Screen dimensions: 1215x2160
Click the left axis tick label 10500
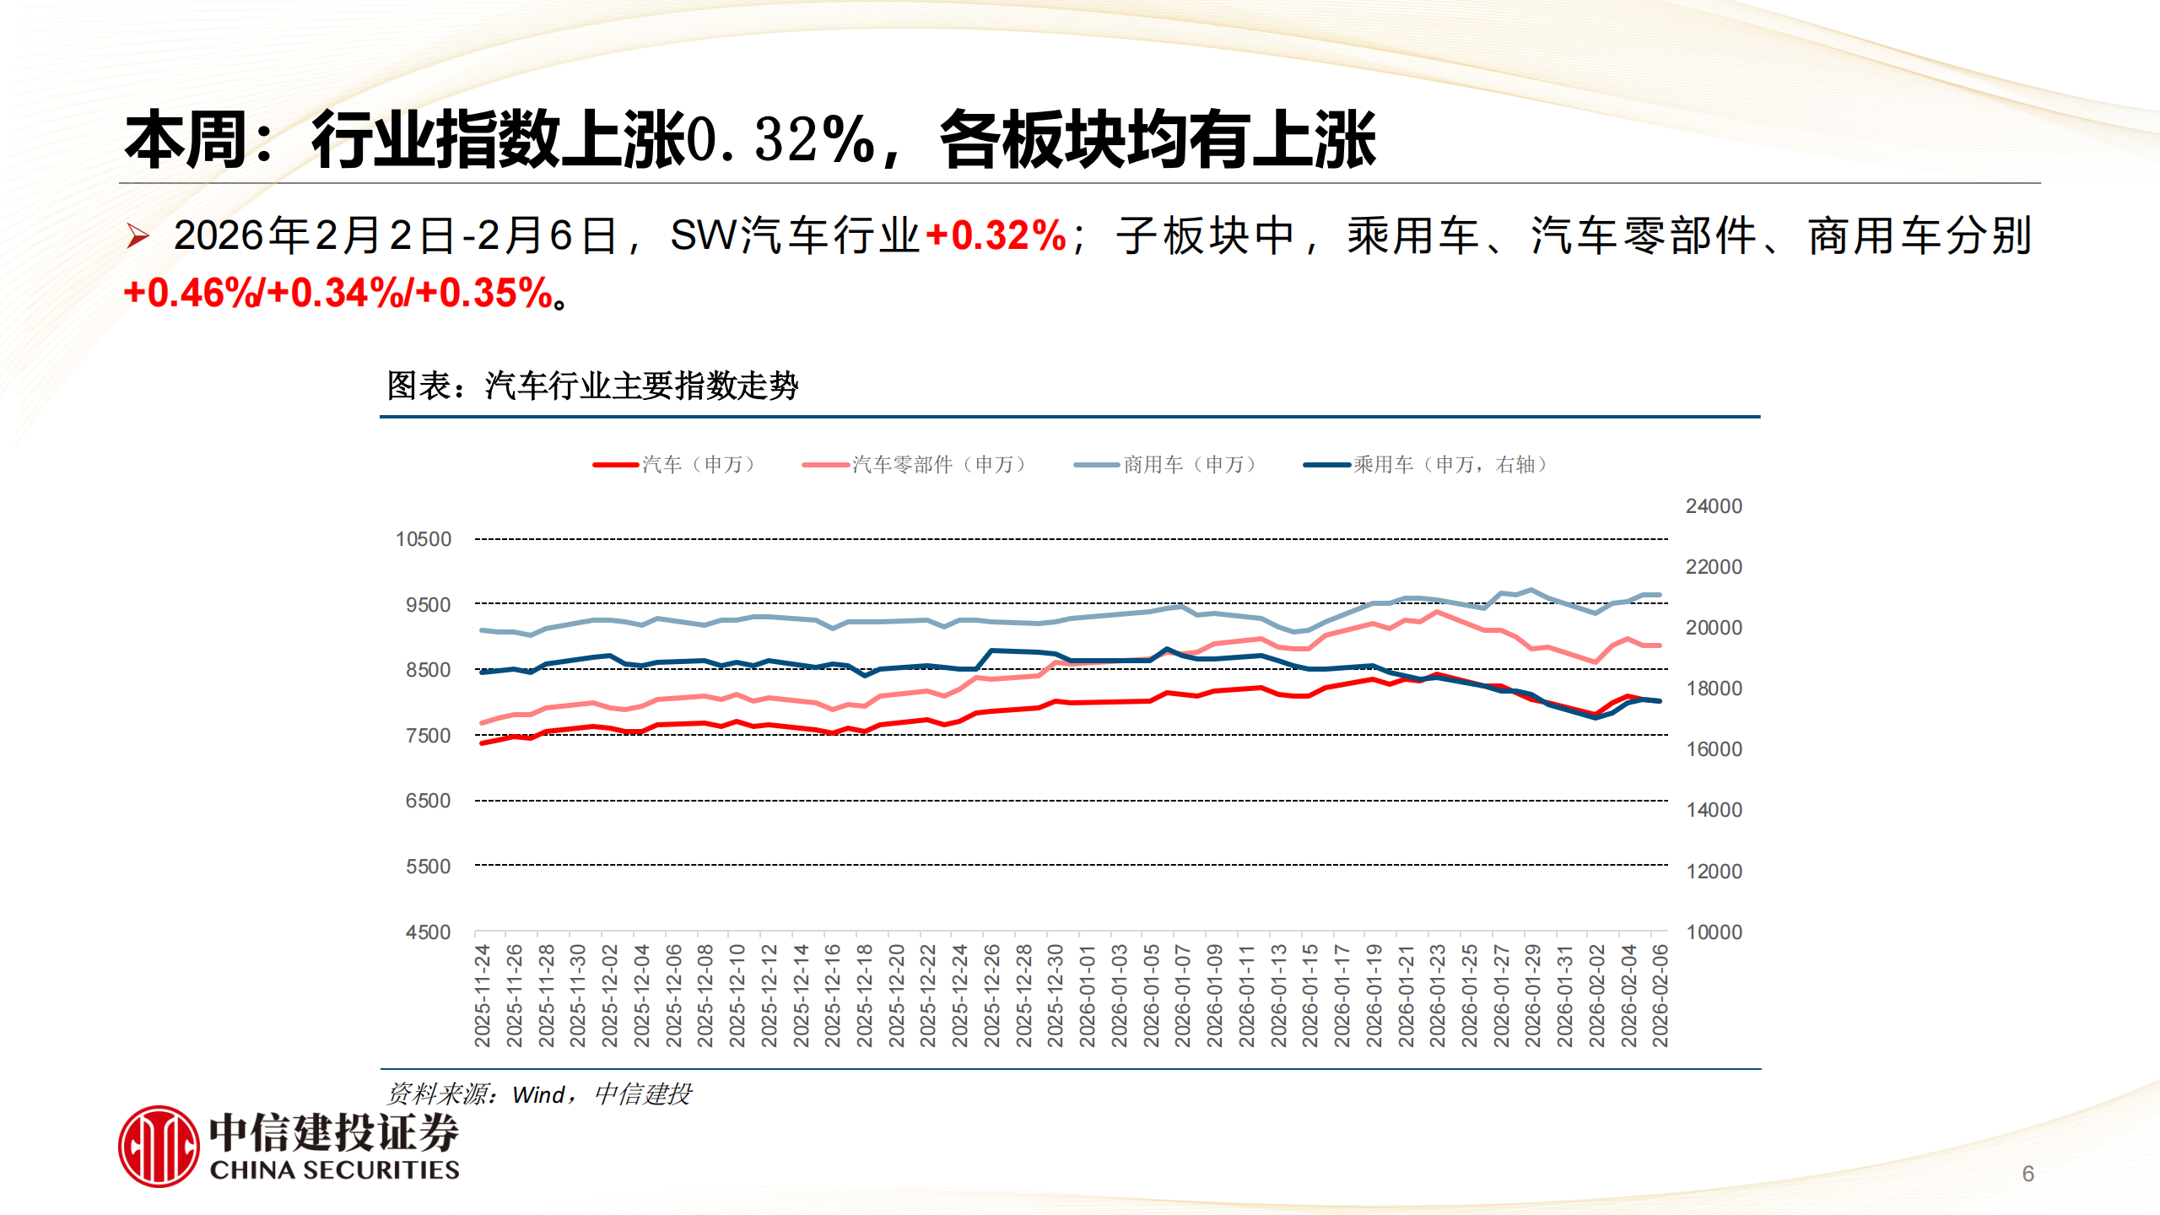[x=424, y=539]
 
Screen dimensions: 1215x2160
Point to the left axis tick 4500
[x=428, y=932]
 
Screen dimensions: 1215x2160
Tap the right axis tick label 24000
[x=1713, y=506]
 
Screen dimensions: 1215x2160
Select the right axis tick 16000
[x=1713, y=749]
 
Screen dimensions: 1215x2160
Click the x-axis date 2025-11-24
[x=483, y=996]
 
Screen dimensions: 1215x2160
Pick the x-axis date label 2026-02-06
[x=1660, y=996]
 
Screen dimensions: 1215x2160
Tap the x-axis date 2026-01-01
[x=1087, y=996]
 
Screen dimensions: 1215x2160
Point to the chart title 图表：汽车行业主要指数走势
[x=592, y=386]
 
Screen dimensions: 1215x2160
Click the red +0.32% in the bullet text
[x=996, y=235]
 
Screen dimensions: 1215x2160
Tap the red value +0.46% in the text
[x=192, y=294]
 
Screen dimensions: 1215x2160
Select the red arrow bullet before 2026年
[x=138, y=236]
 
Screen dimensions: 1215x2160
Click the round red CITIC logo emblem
[x=159, y=1147]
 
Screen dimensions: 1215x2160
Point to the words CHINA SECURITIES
[x=334, y=1170]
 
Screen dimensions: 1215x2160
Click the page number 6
[x=2028, y=1174]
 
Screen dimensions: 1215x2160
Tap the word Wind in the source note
[x=538, y=1095]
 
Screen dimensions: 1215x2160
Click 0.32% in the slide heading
[x=781, y=140]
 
